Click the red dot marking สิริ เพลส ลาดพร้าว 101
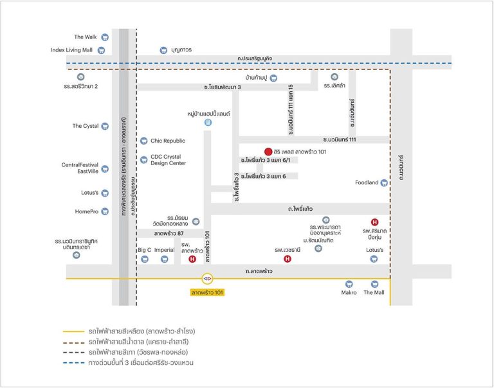268,152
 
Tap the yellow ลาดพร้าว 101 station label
207,292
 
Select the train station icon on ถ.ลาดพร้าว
207,279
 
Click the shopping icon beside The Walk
105,37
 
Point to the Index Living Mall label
71,49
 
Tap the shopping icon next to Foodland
384,182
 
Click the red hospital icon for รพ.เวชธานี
288,259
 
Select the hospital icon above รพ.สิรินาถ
374,222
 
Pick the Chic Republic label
168,141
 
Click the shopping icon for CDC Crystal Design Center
143,160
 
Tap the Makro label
349,292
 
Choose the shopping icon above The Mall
374,284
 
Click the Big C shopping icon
145,260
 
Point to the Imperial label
164,250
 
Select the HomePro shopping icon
105,211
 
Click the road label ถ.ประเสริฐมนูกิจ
255,58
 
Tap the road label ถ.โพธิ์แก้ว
300,209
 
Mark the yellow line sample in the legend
73,331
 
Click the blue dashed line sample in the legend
73,363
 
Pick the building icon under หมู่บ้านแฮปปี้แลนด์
208,123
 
